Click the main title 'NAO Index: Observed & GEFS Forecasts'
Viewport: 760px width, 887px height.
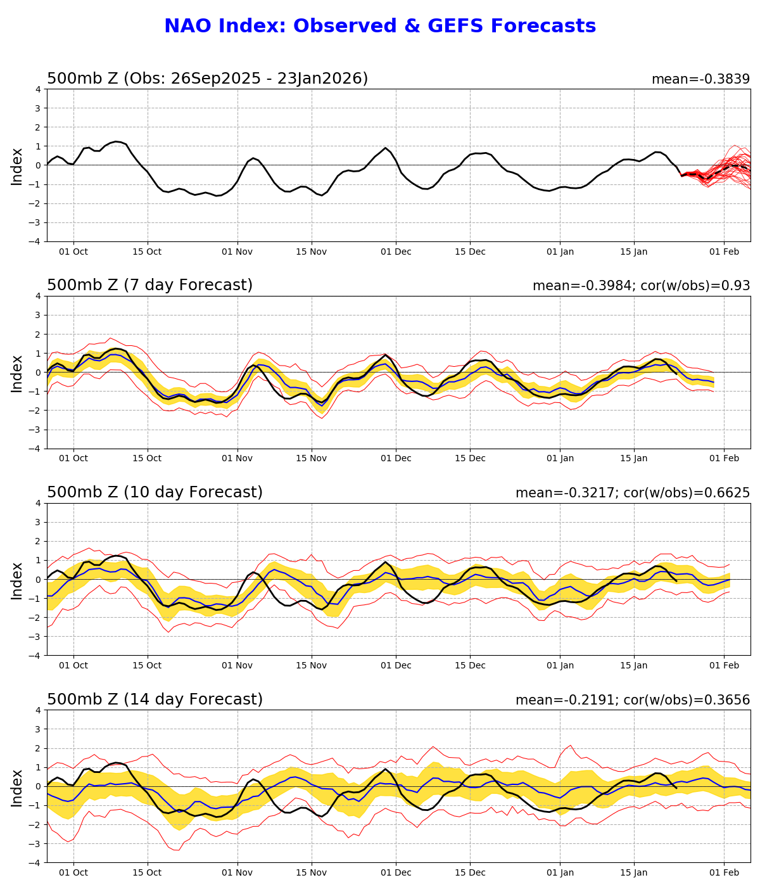pyautogui.click(x=380, y=27)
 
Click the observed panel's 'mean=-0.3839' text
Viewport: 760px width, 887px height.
pyautogui.click(x=700, y=79)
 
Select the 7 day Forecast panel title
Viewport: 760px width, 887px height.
pyautogui.click(x=149, y=286)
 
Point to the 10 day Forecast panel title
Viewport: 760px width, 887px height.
pyautogui.click(x=155, y=493)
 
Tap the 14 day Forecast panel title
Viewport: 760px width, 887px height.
pyautogui.click(x=155, y=700)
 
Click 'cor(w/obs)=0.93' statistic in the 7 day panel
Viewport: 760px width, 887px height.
pyautogui.click(x=696, y=286)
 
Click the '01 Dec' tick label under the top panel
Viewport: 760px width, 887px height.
pyautogui.click(x=396, y=252)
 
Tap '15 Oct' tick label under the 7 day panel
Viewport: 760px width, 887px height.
pyautogui.click(x=147, y=459)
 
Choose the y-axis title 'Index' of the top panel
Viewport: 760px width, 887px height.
pyautogui.click(x=17, y=166)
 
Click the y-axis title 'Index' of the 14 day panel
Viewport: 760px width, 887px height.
pyautogui.click(x=17, y=788)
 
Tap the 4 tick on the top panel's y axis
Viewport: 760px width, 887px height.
pyautogui.click(x=38, y=89)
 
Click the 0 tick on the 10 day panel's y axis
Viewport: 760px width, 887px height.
pyautogui.click(x=38, y=580)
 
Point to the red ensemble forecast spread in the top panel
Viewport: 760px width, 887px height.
pyautogui.click(x=722, y=168)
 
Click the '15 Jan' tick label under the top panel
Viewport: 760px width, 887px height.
pyautogui.click(x=633, y=252)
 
